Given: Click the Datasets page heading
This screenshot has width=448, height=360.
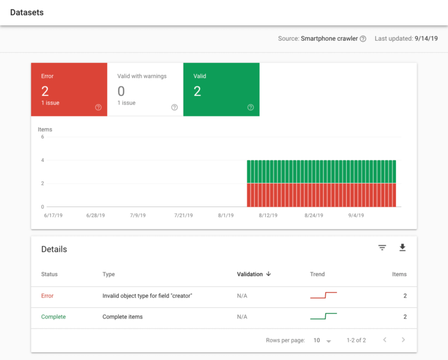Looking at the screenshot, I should click(x=27, y=12).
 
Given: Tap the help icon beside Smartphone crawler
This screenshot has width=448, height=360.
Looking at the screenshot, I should click(x=363, y=39).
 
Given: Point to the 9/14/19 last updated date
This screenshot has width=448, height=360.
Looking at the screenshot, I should click(x=426, y=38).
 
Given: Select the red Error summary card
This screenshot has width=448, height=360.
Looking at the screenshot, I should click(x=69, y=89).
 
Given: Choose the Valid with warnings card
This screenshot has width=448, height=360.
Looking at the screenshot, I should click(x=145, y=89).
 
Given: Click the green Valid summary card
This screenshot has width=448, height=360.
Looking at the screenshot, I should click(x=221, y=89).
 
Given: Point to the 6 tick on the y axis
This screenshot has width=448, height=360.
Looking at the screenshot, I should click(x=42, y=137).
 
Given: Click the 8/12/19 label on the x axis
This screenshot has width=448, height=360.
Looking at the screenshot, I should click(x=268, y=215).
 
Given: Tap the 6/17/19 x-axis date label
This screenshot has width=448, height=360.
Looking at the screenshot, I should click(x=53, y=215).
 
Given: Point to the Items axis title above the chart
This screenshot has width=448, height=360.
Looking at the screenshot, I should click(x=45, y=130).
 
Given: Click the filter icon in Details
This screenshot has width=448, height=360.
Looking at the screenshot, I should click(x=382, y=248).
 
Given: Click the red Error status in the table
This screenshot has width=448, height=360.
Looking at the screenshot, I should click(x=47, y=296).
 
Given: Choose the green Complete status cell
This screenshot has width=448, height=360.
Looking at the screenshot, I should click(x=53, y=317).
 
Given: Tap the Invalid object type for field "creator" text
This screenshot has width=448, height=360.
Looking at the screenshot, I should click(x=147, y=296).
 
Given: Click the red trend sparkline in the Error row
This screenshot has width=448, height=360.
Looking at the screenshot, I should click(x=323, y=295).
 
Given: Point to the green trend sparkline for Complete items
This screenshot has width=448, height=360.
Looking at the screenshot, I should click(x=323, y=316).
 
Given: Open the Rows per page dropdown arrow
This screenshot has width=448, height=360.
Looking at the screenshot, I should click(x=329, y=341).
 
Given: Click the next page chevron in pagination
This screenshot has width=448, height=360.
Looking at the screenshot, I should click(x=404, y=340).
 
